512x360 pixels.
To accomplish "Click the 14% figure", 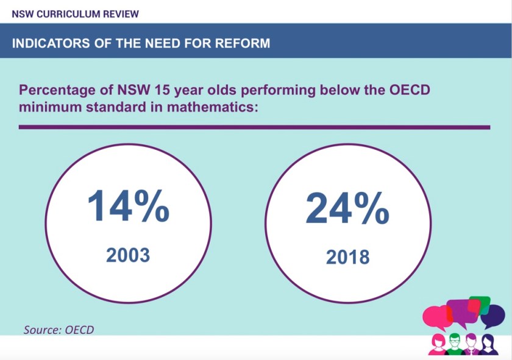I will click(x=128, y=206).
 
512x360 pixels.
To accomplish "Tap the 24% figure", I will click(x=347, y=208).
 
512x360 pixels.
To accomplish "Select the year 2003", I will click(x=128, y=254).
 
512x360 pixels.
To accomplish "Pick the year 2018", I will click(x=347, y=256).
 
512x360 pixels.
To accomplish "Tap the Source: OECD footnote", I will click(x=59, y=330).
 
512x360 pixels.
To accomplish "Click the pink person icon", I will click(x=437, y=345).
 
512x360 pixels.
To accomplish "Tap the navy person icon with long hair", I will click(x=487, y=345).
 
